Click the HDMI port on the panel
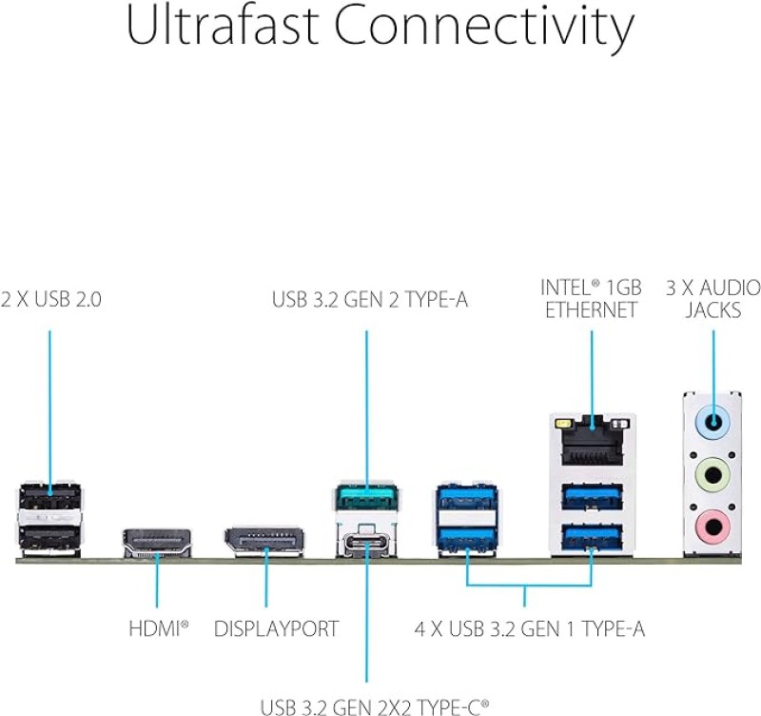157,543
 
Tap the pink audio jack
712,523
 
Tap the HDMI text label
158,629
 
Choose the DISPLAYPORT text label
276,629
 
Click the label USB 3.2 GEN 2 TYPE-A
370,300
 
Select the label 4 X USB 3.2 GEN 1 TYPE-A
530,629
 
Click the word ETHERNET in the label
591,310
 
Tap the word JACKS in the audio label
713,310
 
